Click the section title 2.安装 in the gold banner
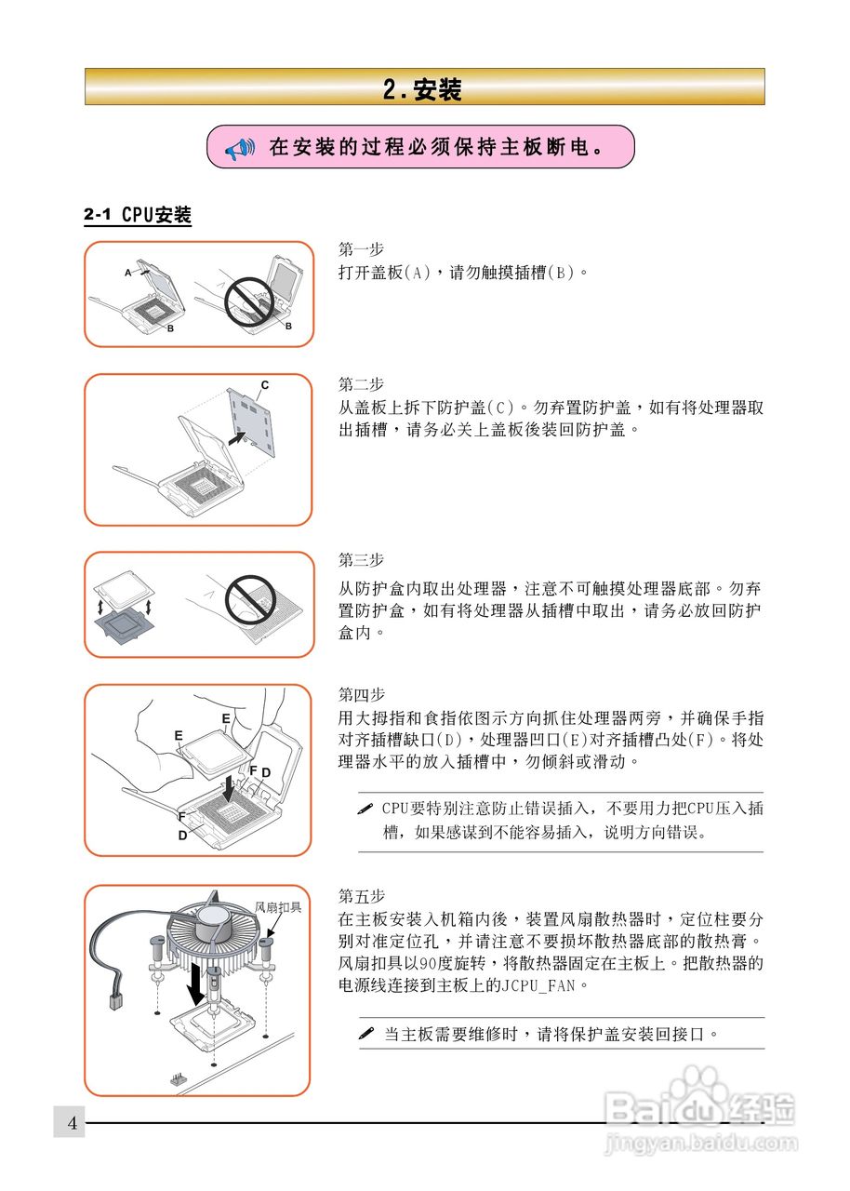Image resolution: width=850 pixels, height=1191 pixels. [422, 88]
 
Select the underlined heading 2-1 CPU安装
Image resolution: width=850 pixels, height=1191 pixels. [138, 215]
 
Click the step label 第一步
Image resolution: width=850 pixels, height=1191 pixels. [361, 248]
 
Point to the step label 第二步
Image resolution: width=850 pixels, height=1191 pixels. [361, 383]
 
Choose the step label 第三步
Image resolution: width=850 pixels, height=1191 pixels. [361, 559]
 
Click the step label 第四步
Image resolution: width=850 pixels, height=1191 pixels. [361, 694]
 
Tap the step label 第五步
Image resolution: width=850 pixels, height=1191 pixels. [361, 895]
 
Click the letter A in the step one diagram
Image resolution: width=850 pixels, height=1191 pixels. [128, 273]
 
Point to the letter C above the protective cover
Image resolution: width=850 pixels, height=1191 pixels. [265, 385]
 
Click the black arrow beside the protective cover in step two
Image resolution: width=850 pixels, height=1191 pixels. [237, 438]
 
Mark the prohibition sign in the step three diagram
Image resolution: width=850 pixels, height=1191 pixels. [250, 600]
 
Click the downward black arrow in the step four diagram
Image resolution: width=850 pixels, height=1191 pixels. [228, 788]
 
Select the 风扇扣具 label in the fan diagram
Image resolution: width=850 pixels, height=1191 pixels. [278, 907]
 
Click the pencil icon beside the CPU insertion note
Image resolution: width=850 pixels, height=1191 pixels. [365, 810]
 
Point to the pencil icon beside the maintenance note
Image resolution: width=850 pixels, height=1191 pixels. [366, 1033]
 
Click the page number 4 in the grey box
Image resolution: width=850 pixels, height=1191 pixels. [73, 1123]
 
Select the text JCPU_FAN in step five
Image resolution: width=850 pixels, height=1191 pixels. [538, 985]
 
